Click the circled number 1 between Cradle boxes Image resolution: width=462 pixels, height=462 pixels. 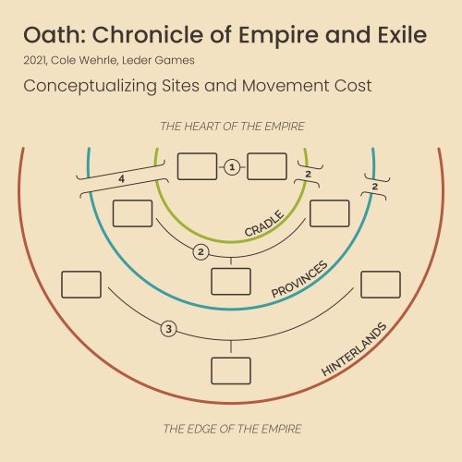coord(232,167)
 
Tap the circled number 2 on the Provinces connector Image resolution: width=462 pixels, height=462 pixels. coord(201,252)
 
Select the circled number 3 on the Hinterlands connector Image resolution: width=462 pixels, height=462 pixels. coord(169,329)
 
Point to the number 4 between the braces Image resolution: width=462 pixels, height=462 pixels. coord(122,178)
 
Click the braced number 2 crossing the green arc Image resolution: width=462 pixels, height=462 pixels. coord(308,174)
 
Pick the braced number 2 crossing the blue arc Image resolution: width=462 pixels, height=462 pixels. coord(375,187)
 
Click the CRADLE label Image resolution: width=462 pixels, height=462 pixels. coord(264,223)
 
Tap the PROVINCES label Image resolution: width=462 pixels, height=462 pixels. coord(299,279)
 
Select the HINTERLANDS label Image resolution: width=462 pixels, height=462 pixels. coord(354,349)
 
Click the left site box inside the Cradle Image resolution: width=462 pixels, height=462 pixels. coord(198,166)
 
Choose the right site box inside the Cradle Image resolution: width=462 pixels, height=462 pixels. coord(267,166)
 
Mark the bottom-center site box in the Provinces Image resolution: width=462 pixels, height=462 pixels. coord(231,282)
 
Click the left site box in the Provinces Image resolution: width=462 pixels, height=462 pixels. coord(132,213)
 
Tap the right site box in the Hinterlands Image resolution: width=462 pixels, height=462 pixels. coord(381,285)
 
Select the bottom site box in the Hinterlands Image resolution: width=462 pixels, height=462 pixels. coord(231,371)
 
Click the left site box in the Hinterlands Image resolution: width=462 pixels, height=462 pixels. coord(81,285)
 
